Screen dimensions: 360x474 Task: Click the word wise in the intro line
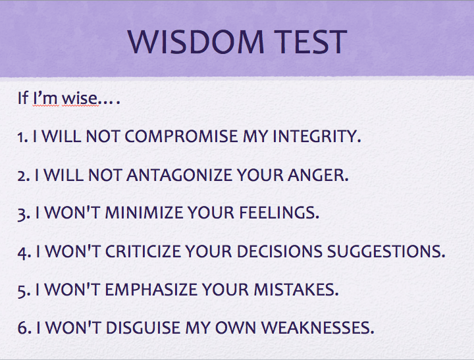click(79, 100)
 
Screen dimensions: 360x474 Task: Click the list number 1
click(22, 138)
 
